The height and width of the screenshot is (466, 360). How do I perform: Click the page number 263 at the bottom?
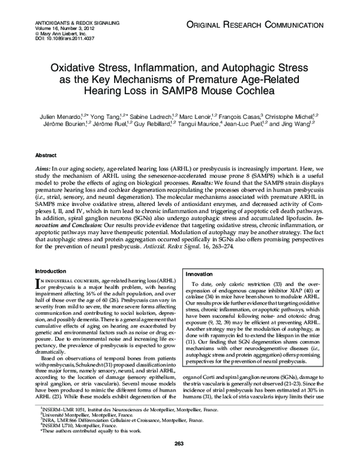tap(179, 443)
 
